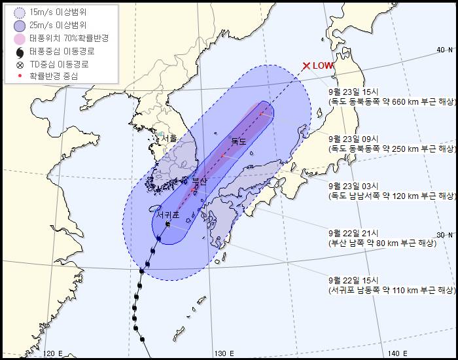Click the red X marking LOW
coord(306,65)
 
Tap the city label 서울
coord(168,139)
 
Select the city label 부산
coord(199,181)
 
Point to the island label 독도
coord(238,141)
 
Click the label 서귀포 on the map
coord(168,214)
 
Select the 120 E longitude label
coord(52,353)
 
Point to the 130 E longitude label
coord(224,353)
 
